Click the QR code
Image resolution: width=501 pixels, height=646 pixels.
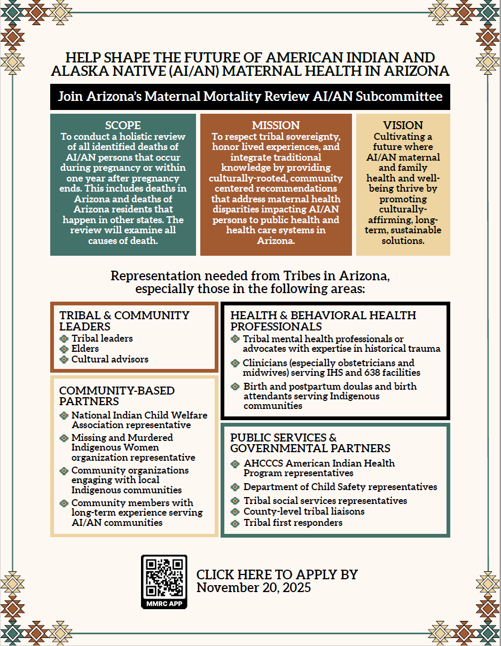164,577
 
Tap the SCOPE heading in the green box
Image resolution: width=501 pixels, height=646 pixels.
123,125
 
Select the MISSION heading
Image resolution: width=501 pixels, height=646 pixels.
276,125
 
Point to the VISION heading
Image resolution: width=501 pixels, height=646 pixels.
403,125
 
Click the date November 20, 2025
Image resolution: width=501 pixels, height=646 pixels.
254,588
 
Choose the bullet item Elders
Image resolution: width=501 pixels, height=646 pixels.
85,349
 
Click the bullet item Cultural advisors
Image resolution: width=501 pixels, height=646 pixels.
110,359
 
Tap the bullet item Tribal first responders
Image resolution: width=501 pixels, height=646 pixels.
293,523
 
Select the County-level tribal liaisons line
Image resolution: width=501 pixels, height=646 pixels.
304,511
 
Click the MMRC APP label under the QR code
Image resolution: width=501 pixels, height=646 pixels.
164,603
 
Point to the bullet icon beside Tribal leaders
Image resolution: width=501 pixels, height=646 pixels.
64,338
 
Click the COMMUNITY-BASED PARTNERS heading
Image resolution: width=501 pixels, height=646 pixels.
116,396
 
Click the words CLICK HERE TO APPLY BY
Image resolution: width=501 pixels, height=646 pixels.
277,575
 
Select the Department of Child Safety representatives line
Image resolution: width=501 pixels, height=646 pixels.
340,487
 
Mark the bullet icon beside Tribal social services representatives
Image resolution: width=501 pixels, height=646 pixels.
235,501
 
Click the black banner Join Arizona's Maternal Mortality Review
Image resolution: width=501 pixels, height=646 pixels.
250,97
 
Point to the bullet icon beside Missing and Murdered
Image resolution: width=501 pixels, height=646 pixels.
64,438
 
